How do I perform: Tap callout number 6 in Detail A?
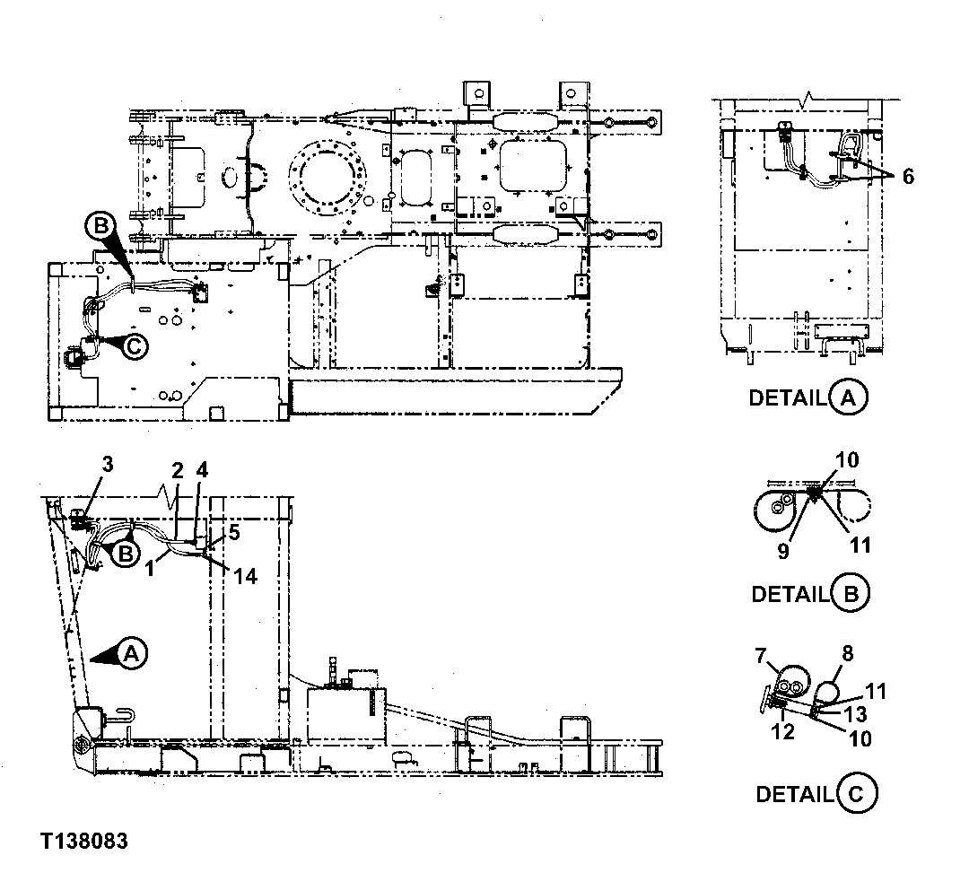coord(908,177)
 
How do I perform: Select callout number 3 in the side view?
coord(107,464)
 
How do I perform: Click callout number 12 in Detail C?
coord(782,732)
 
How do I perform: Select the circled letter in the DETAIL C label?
coord(856,794)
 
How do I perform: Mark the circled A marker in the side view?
coord(131,655)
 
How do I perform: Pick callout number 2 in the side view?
coord(178,469)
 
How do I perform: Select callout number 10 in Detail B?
coord(848,461)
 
